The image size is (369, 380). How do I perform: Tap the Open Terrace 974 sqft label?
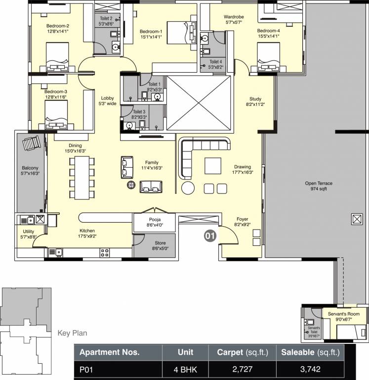(x=318, y=186)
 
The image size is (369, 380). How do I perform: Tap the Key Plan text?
(x=72, y=333)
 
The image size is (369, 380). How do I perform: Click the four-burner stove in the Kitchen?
(x=105, y=252)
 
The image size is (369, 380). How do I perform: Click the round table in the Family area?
(x=131, y=185)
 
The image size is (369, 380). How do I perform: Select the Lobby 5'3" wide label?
(x=107, y=101)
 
